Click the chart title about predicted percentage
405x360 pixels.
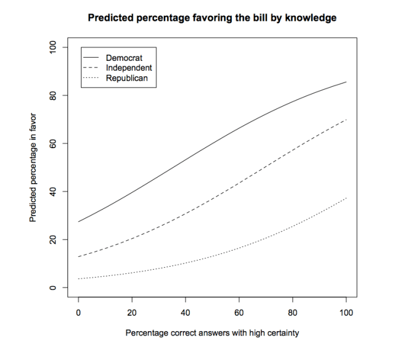pos(212,18)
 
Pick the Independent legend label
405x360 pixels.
pos(129,67)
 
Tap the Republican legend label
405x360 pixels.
pos(127,78)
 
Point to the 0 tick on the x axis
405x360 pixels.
pos(79,311)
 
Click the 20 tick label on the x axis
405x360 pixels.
pos(132,311)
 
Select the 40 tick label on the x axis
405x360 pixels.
pos(186,311)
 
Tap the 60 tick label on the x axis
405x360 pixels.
pos(239,311)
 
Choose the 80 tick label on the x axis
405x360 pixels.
pos(293,311)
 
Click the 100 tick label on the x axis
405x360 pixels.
pos(347,311)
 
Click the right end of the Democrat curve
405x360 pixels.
pos(346,82)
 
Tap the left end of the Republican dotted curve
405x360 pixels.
pos(79,279)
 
